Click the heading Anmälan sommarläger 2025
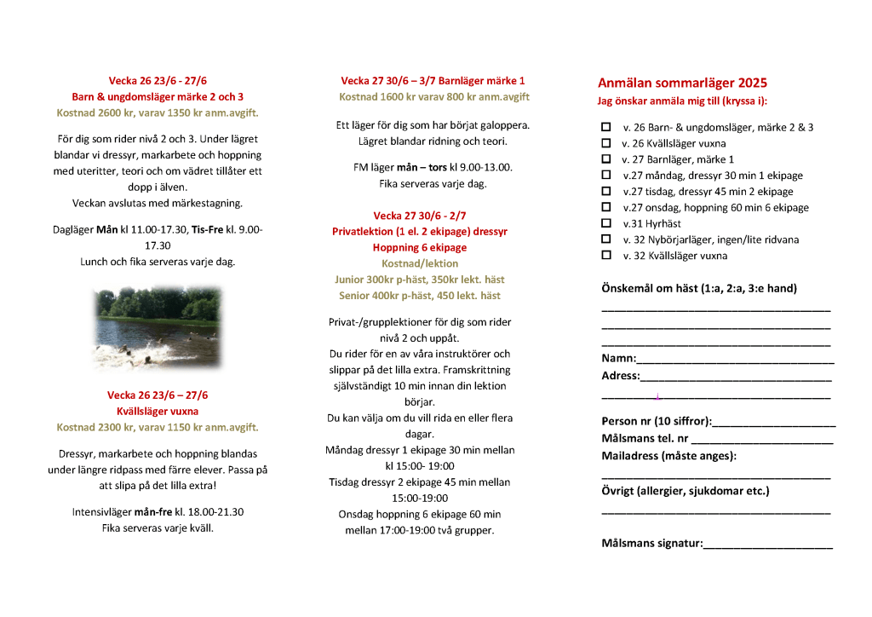(682, 83)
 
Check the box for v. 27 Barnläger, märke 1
(606, 159)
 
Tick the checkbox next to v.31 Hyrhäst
(606, 223)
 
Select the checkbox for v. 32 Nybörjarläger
(606, 239)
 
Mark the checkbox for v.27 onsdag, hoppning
(606, 207)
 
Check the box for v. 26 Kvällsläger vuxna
(606, 143)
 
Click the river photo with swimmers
(158, 326)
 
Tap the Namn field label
(618, 359)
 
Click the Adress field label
(620, 376)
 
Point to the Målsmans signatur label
(651, 543)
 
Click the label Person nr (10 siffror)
(656, 421)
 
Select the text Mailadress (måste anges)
(668, 455)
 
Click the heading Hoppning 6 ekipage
(420, 247)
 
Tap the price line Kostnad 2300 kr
(158, 427)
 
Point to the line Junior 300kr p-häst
(420, 280)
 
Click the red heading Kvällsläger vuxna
(158, 411)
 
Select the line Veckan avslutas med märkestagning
(158, 203)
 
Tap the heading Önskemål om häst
(698, 288)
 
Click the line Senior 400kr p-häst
(420, 296)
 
